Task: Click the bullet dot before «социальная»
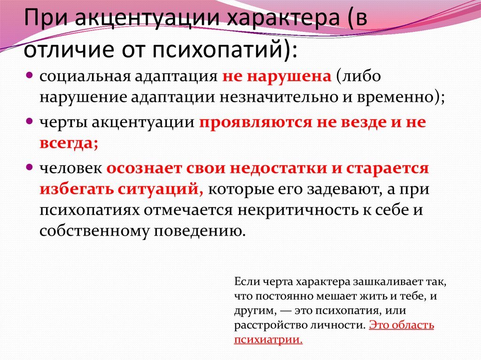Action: tap(29, 75)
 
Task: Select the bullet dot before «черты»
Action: tap(29, 121)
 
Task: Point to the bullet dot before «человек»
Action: tap(29, 167)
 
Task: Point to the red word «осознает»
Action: tap(145, 168)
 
